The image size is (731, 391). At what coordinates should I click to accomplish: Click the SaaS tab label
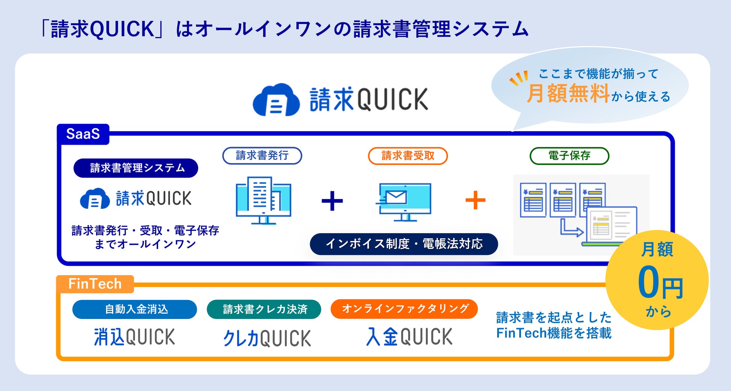(83, 134)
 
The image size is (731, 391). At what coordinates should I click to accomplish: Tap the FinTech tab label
(95, 284)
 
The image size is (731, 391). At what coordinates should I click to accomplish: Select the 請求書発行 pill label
(262, 156)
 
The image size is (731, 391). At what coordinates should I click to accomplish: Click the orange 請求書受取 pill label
(408, 156)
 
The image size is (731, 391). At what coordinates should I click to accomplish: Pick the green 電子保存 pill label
(569, 156)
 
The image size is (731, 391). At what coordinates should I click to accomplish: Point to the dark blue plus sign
(332, 201)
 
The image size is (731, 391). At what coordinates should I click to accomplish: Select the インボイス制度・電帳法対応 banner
(404, 244)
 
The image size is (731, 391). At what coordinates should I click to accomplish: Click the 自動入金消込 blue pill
(135, 309)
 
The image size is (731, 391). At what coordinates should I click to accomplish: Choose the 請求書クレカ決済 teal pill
(264, 309)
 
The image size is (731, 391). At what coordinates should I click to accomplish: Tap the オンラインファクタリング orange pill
(404, 309)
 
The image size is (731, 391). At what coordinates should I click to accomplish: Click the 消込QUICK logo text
(134, 337)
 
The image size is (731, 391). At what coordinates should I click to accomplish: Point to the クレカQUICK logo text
(267, 338)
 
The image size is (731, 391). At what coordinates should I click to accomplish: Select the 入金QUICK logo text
(409, 336)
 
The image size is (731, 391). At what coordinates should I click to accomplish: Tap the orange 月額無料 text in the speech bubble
(568, 93)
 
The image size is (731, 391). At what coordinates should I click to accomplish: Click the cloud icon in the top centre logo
(276, 100)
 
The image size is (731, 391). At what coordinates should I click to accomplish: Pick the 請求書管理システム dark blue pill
(136, 168)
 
